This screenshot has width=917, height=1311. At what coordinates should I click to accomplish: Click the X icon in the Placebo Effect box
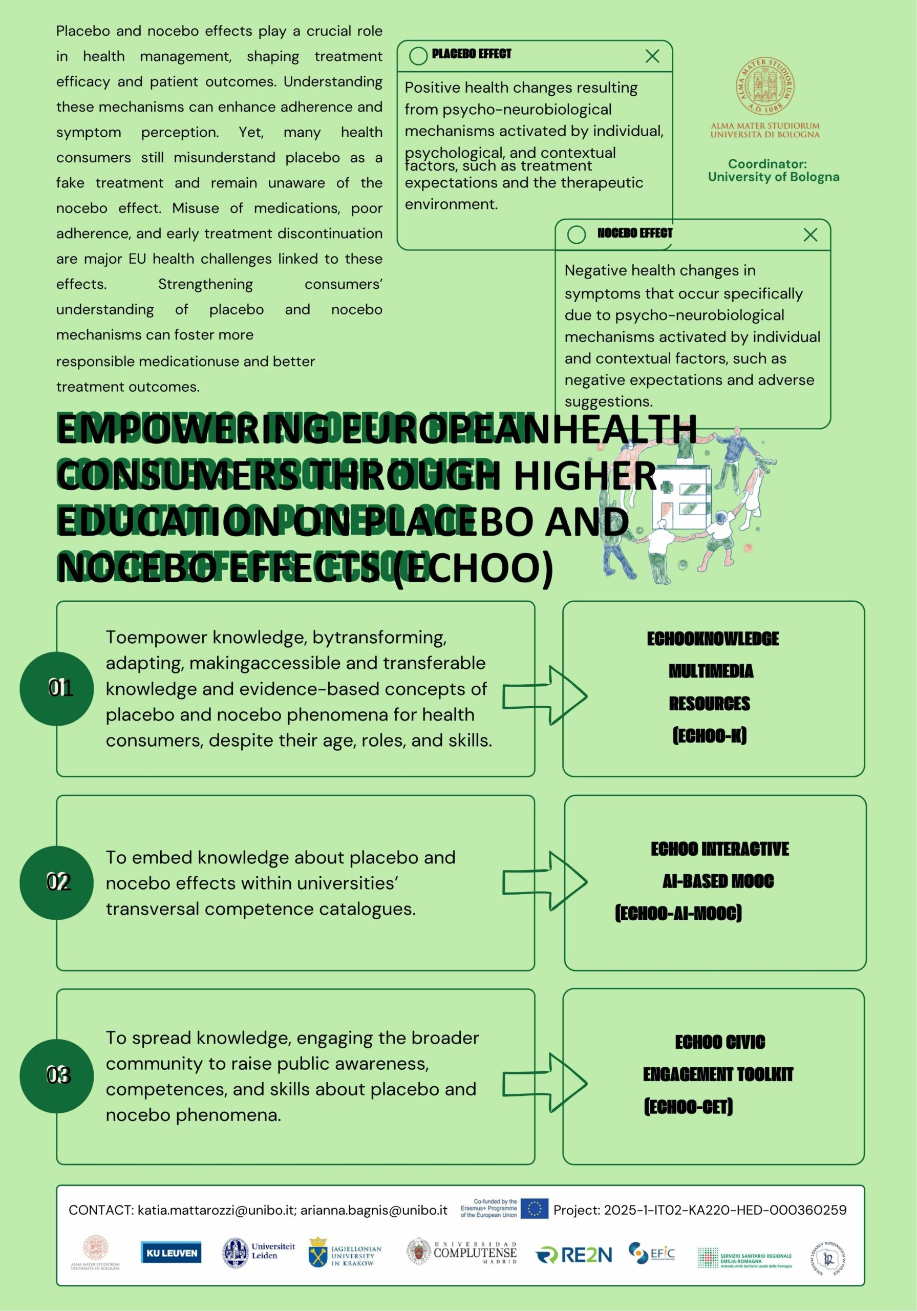click(652, 56)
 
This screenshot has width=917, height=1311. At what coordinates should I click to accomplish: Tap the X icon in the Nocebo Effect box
click(810, 235)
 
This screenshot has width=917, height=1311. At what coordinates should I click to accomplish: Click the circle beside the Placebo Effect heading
click(418, 56)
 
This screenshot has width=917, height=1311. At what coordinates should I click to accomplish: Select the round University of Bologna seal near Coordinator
click(765, 86)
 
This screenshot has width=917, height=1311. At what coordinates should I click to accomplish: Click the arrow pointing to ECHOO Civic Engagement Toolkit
click(545, 1083)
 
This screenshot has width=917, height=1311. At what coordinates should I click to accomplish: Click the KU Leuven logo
click(172, 1253)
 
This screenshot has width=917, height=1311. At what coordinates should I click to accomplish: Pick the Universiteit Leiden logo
click(259, 1253)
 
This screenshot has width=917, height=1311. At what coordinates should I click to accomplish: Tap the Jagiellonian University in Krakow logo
click(345, 1253)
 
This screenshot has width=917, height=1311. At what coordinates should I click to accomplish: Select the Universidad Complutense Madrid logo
click(462, 1253)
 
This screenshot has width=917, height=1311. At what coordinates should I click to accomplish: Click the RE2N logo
click(574, 1255)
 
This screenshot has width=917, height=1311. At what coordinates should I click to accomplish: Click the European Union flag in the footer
click(535, 1209)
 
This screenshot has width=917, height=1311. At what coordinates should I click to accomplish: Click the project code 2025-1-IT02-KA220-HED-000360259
click(725, 1210)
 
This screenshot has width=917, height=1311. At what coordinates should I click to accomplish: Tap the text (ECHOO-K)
click(709, 735)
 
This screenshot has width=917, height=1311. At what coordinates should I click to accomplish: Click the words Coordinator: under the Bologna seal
click(767, 164)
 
